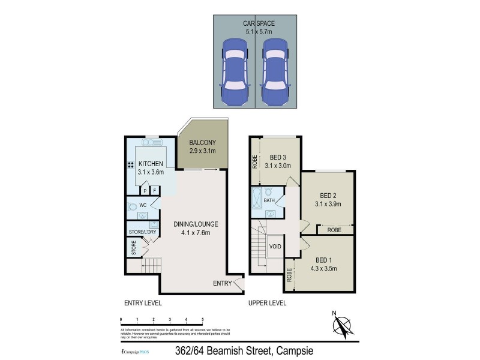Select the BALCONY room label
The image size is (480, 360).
[x=202, y=142]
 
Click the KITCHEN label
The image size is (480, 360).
[x=151, y=164]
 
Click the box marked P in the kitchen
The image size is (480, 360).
[x=145, y=190]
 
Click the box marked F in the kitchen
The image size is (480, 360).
[x=154, y=190]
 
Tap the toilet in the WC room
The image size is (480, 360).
[x=133, y=206]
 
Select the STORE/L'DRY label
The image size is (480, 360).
[x=143, y=232]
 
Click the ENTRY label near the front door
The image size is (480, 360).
[x=222, y=283]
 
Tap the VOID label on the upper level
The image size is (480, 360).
[x=275, y=246]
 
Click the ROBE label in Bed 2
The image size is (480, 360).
[x=335, y=230]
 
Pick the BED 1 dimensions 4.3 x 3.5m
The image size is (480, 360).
[x=323, y=268]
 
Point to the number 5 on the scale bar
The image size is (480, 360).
[x=203, y=319]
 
